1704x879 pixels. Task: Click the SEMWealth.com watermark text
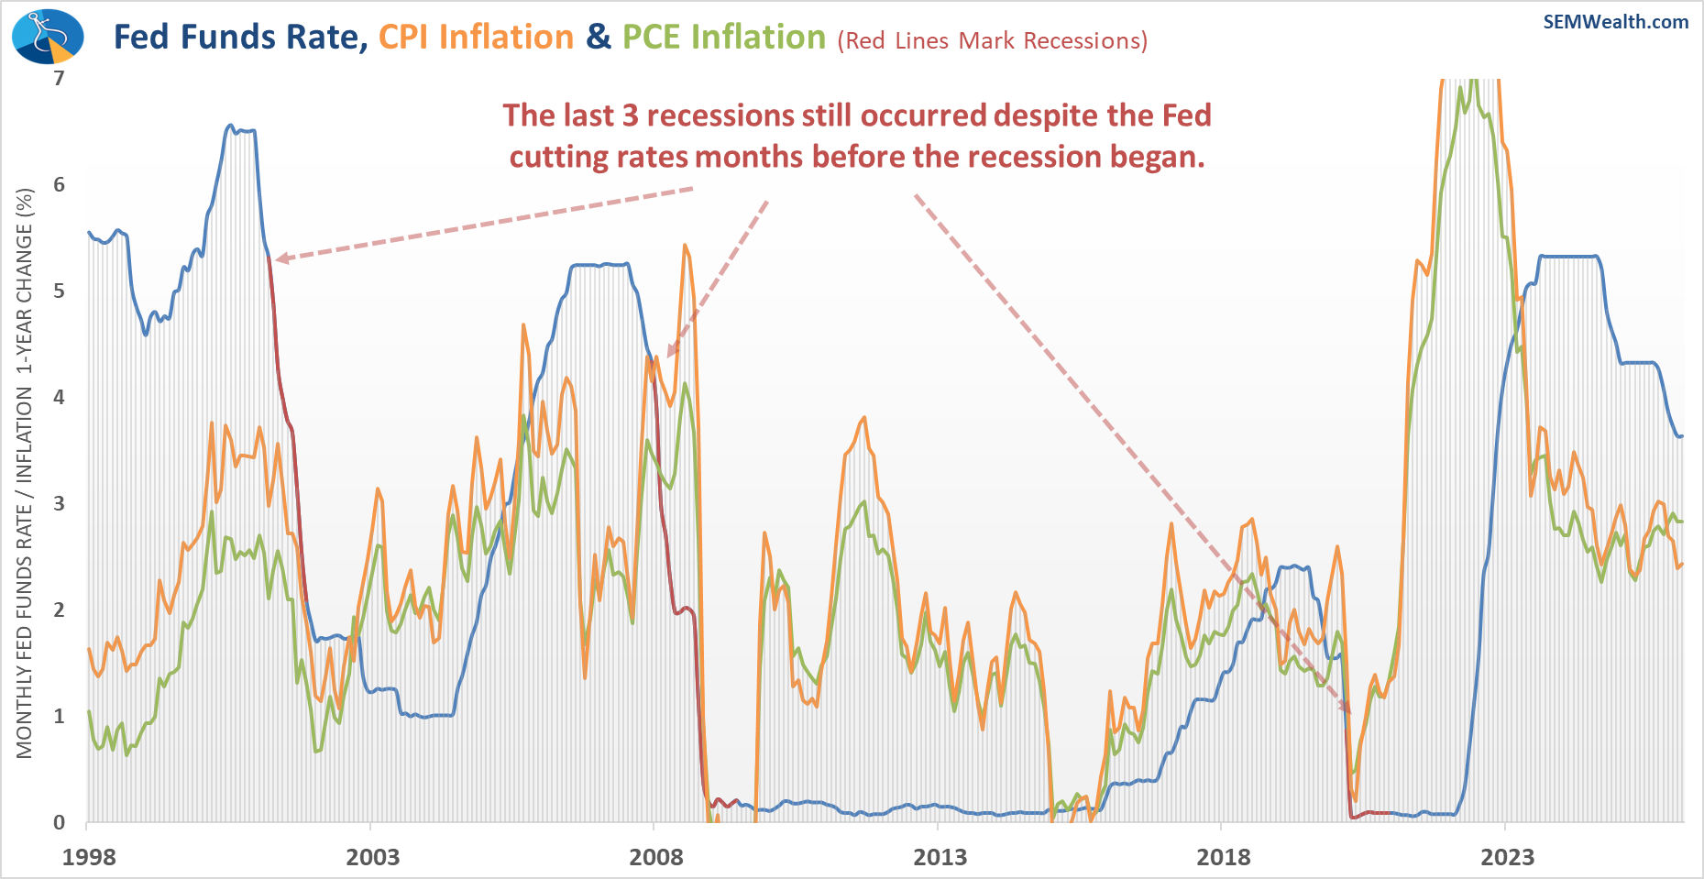[1615, 22]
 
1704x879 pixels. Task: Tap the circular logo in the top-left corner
[48, 38]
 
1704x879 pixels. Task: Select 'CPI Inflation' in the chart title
[476, 38]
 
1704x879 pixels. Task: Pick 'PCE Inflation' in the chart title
[724, 38]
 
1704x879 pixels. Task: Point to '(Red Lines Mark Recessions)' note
[992, 41]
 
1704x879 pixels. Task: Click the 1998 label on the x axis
[89, 857]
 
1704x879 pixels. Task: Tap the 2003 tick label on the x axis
[372, 857]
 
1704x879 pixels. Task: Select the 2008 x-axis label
[655, 857]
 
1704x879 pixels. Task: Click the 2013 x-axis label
[940, 857]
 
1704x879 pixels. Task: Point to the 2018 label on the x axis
[1223, 857]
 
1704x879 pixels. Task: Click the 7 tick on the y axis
[60, 78]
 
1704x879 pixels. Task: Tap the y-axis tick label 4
[60, 397]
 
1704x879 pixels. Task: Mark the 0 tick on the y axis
[60, 822]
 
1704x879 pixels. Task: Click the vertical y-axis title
[25, 473]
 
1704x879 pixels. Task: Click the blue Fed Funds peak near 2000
[230, 126]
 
